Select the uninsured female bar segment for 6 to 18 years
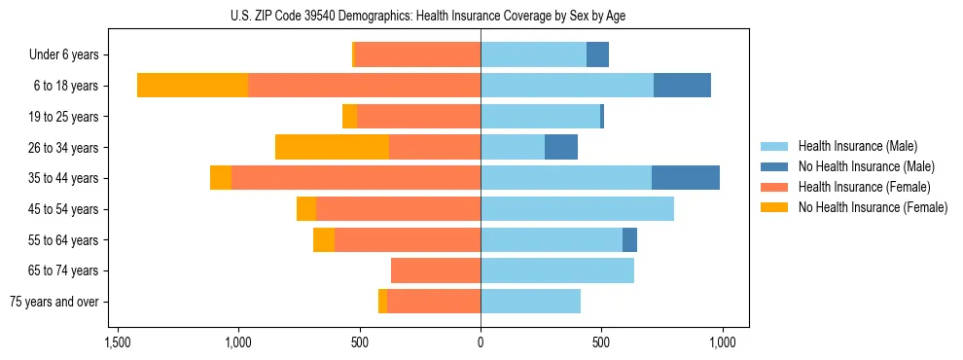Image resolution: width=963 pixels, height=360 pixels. coord(193,86)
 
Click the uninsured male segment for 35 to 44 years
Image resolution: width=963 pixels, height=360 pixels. coord(686,178)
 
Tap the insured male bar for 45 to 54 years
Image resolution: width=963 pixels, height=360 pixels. coord(577,209)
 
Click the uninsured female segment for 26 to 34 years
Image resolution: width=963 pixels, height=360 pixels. coord(332,147)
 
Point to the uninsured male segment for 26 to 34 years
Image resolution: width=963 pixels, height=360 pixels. coord(561,147)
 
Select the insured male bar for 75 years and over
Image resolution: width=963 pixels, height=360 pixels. coord(530,302)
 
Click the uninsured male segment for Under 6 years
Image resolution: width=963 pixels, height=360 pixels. coord(597,54)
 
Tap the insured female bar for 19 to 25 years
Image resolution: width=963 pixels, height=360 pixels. coord(418,117)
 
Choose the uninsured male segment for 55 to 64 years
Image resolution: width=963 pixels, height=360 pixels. coord(629,239)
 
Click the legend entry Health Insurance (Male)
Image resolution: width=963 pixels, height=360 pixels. coord(857,146)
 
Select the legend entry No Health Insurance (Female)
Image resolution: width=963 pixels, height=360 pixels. coord(873,207)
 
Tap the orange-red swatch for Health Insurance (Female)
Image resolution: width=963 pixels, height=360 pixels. coord(774,187)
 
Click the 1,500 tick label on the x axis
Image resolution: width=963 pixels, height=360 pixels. coord(117,342)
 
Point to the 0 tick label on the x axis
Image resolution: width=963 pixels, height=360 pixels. coord(481,342)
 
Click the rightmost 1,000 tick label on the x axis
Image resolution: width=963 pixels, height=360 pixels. coord(723,342)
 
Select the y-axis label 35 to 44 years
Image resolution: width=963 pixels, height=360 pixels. coord(64,178)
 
